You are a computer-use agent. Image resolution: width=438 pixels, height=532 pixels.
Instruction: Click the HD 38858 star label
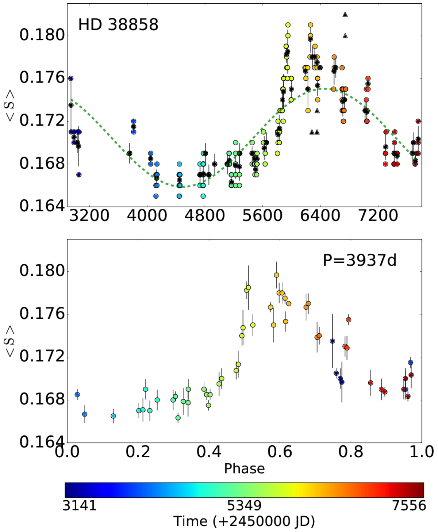tap(118, 25)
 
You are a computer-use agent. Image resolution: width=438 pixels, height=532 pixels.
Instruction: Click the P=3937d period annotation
tap(360, 260)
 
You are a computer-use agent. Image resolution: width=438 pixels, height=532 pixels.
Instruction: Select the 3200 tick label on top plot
tap(89, 216)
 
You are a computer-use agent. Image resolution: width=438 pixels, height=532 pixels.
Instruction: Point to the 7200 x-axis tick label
tap(378, 216)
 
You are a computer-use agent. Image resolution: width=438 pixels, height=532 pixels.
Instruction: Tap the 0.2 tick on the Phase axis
tap(138, 452)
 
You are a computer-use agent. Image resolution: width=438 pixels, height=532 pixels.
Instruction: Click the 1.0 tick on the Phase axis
tap(422, 452)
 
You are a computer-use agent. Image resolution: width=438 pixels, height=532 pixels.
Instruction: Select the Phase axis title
tap(244, 468)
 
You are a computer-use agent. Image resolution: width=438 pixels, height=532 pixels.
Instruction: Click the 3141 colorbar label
tap(80, 506)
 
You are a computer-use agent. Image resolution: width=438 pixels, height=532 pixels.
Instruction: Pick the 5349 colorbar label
tap(244, 506)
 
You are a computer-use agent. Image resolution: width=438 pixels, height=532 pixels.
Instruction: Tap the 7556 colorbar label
tap(409, 506)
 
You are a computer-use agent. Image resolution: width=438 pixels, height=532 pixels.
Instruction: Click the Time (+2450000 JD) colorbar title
tap(244, 521)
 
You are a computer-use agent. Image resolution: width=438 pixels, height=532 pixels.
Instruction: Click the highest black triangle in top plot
tap(345, 15)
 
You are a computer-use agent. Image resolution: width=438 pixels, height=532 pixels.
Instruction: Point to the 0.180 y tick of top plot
tap(42, 35)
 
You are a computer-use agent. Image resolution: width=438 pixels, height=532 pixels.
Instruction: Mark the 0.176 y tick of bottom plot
tap(42, 314)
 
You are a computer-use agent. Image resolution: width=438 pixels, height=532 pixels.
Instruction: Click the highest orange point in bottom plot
tap(276, 275)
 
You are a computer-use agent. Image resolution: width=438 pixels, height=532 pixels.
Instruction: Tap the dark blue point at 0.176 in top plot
tap(71, 79)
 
